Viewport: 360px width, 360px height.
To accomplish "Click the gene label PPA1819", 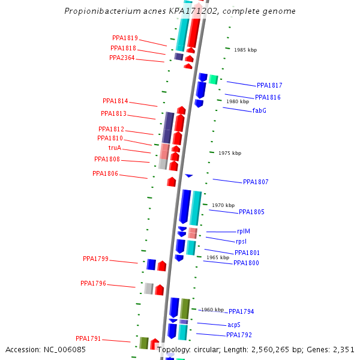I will (125, 38).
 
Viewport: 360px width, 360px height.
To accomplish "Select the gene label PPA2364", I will (122, 58).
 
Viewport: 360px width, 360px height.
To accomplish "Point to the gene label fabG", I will (259, 110).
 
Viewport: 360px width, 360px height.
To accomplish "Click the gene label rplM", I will (244, 232).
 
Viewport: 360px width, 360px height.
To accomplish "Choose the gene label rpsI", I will (241, 241).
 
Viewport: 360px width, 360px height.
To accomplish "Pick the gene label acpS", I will (234, 325).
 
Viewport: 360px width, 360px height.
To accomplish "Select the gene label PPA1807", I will (256, 182).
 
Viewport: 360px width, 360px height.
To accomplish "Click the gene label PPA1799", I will (95, 259).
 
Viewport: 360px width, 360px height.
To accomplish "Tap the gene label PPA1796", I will (93, 283).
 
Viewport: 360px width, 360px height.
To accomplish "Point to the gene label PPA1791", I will (88, 338).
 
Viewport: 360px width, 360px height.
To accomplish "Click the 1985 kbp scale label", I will (245, 50).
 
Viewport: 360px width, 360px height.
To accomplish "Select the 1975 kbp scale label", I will (230, 153).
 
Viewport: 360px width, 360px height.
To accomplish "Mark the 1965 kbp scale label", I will (218, 257).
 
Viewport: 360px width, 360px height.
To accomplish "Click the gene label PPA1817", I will (269, 86).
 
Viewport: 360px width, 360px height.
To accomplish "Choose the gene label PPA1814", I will (115, 101).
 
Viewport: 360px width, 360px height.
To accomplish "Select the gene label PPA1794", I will (241, 311).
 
